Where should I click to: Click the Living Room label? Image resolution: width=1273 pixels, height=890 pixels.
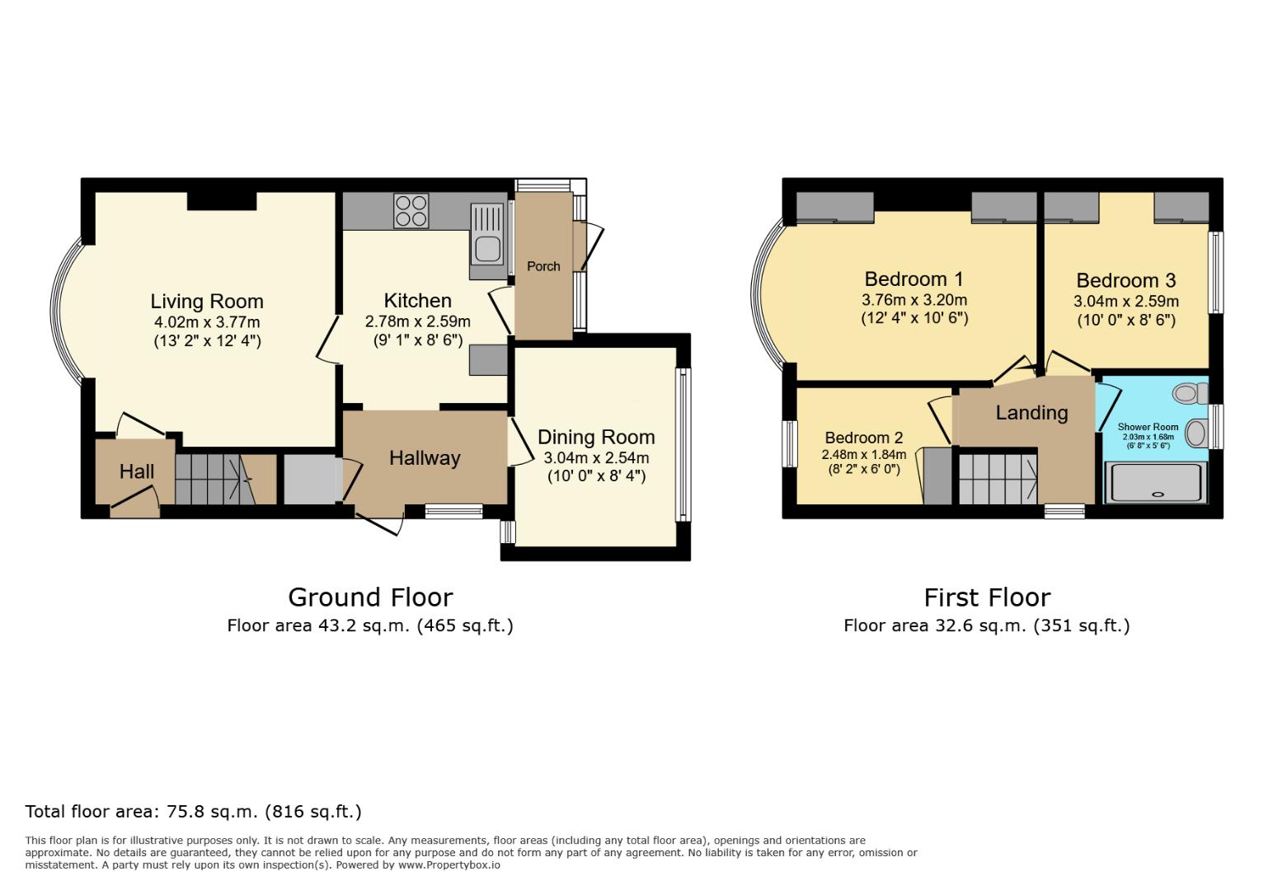point(206,302)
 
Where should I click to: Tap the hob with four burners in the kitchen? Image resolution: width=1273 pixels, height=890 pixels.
point(411,209)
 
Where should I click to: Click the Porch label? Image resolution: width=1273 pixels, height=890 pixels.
point(543,266)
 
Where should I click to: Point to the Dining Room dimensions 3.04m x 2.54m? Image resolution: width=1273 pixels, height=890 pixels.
point(596,458)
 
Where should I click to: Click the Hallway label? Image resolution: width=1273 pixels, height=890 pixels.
point(425,458)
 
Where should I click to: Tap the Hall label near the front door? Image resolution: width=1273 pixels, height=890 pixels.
point(136,471)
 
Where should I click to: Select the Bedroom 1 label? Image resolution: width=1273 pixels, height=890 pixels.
point(914,279)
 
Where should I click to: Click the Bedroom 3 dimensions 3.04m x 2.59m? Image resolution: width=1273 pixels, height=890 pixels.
point(1125,302)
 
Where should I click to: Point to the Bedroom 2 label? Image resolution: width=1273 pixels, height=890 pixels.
point(863,438)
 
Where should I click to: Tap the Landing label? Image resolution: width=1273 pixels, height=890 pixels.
point(1031,413)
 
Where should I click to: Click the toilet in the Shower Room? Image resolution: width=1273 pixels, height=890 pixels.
point(1187,393)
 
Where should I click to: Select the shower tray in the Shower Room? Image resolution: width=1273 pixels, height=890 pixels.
point(1158,483)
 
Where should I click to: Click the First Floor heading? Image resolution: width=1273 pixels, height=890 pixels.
point(986,597)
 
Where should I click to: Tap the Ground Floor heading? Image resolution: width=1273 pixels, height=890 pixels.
point(370,597)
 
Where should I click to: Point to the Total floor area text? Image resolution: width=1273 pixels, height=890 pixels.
point(194,812)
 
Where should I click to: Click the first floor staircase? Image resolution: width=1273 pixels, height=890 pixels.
point(998,479)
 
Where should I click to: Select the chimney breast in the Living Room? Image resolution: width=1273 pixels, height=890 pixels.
point(221,200)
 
